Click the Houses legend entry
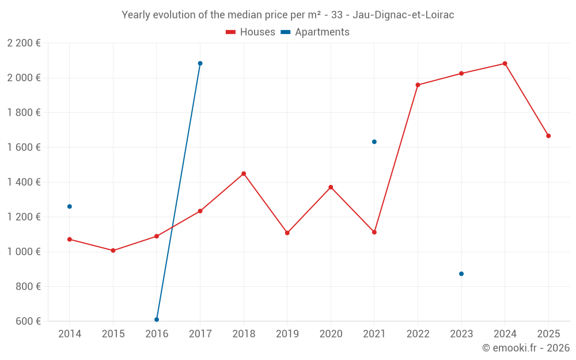click(251, 32)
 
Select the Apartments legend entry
click(315, 32)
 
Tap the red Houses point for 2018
click(244, 173)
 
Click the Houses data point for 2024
click(505, 63)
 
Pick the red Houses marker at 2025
click(548, 136)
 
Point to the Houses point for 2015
click(113, 251)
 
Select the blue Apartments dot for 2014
click(70, 206)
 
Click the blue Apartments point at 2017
click(200, 63)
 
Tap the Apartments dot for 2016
click(157, 320)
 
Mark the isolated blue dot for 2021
click(374, 142)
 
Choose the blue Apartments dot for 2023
click(461, 274)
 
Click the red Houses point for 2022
click(418, 85)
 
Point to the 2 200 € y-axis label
click(24, 43)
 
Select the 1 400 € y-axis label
click(24, 182)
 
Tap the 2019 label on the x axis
click(287, 334)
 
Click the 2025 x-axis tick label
click(548, 334)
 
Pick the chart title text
click(288, 15)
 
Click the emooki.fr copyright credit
click(525, 348)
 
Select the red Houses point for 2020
click(331, 187)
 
